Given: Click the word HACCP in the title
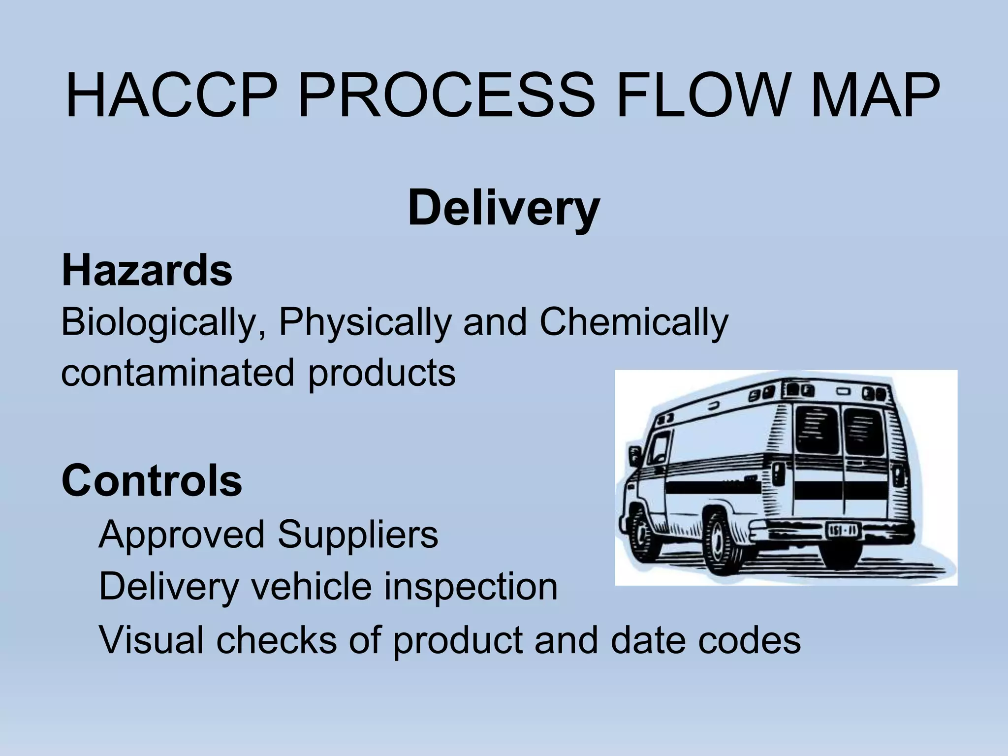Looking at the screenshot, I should [x=170, y=96].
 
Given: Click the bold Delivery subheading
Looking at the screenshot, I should [x=504, y=209].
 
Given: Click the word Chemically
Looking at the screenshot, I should [x=634, y=323].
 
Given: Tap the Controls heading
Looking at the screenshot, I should [x=152, y=481].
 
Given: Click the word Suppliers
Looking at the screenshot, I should [x=357, y=535].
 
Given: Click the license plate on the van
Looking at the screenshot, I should [x=844, y=531].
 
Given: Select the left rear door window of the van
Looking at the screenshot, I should [x=817, y=430].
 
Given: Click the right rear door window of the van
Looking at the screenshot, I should [x=864, y=431].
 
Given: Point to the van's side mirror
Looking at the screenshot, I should [x=634, y=455].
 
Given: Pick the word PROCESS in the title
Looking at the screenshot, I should [x=446, y=96].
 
